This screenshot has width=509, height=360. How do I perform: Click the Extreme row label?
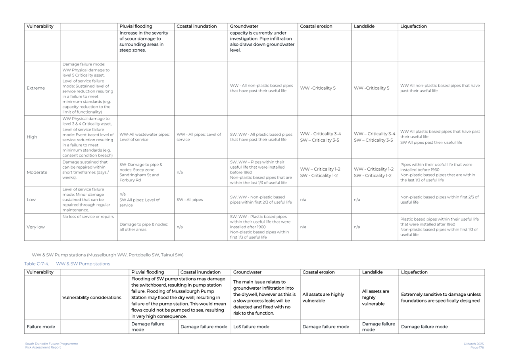tap(36, 88)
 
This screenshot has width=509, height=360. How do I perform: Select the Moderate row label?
tap(37, 172)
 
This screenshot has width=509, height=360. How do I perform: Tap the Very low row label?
tap(36, 227)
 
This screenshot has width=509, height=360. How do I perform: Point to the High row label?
tap(32, 137)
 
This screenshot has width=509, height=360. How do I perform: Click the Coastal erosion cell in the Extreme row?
tap(318, 88)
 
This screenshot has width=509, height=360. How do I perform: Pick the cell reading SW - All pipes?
tap(190, 200)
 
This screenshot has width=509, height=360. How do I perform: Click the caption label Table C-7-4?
tap(36, 264)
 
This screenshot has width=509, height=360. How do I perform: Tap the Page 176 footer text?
tap(477, 348)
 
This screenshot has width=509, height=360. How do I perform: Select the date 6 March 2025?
tap(474, 344)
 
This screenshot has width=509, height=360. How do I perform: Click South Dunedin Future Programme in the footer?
tap(52, 344)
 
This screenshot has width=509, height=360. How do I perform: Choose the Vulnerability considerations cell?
tap(92, 298)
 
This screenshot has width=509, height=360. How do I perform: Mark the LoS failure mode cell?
tap(251, 327)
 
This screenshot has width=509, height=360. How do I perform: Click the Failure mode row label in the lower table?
tap(41, 327)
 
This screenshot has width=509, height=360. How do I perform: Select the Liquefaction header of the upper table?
tap(413, 27)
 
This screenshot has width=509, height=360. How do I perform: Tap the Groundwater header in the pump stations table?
tap(247, 272)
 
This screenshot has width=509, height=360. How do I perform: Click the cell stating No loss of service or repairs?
tap(88, 217)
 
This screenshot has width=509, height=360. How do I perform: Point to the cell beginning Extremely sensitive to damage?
tap(441, 298)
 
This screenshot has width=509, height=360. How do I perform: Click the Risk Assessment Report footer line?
tap(43, 348)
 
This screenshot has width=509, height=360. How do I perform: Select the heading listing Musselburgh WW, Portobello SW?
tap(108, 255)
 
